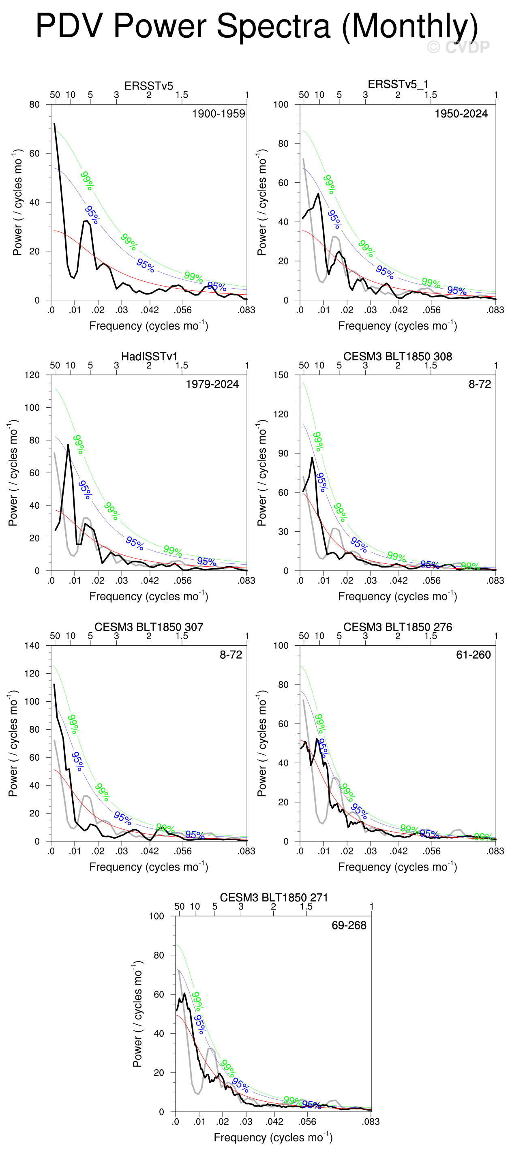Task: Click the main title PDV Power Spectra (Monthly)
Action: coord(256,26)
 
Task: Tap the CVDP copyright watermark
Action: coord(459,47)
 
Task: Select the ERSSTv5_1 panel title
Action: coord(398,84)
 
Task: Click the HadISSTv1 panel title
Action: coord(149,356)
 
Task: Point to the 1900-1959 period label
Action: coord(218,113)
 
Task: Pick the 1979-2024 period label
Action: coord(212,384)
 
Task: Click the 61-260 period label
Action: coord(473,655)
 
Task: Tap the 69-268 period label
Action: coord(349,925)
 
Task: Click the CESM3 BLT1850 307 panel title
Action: coord(149,627)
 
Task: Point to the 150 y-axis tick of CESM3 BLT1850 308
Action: coord(281,375)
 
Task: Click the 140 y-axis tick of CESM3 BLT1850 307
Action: coord(32,646)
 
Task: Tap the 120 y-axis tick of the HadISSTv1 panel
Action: coord(32,375)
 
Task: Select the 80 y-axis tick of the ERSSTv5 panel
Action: coord(34,105)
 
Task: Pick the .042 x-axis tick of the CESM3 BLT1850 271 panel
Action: coord(274,1122)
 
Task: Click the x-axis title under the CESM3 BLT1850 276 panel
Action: coord(398,866)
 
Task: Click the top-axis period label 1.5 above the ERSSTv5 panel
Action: coord(181,95)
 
